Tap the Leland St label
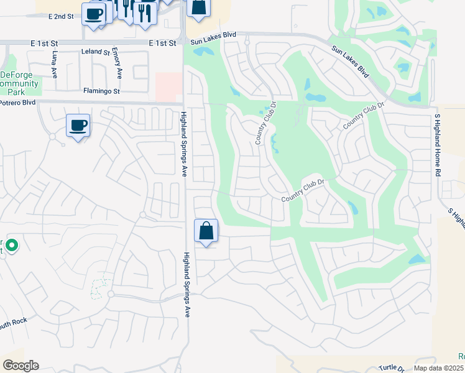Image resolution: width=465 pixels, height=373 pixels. tap(95, 52)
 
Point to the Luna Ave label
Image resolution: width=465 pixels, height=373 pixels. tap(55, 65)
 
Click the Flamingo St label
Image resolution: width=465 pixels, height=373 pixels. tap(101, 91)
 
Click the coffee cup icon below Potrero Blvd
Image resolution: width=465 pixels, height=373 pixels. tap(78, 126)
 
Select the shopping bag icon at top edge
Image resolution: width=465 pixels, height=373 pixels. tap(198, 7)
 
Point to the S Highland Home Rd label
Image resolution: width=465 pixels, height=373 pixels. tap(438, 143)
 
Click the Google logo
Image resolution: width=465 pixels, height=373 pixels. tap(21, 366)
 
